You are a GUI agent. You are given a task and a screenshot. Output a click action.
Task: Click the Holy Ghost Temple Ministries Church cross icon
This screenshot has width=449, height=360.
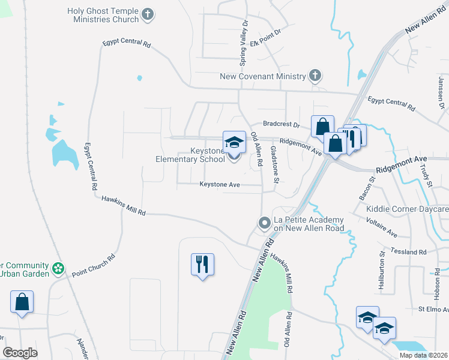tap(148, 14)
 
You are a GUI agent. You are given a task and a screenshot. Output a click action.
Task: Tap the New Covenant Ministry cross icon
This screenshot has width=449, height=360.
tap(314, 76)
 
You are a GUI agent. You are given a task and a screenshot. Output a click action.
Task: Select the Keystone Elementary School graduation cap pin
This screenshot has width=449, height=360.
tap(234, 143)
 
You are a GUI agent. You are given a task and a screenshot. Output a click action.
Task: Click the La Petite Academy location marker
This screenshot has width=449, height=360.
tap(264, 223)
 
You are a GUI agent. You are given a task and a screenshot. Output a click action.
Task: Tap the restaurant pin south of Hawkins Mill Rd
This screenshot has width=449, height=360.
tap(202, 264)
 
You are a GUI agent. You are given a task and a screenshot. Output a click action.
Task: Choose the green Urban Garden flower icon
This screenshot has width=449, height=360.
tap(58, 268)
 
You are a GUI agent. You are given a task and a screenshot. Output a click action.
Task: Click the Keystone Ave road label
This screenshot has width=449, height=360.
tap(220, 185)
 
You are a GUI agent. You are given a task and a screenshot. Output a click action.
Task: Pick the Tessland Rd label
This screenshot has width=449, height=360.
tap(408, 253)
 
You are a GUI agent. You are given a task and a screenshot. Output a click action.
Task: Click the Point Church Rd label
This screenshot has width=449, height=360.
tap(93, 266)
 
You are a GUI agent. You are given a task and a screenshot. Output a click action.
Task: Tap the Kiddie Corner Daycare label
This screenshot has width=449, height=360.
tap(407, 209)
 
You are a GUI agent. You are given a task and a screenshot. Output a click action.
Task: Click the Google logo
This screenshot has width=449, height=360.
tap(20, 353)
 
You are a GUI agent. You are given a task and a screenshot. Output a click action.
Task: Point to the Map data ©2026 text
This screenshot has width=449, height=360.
tap(423, 355)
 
